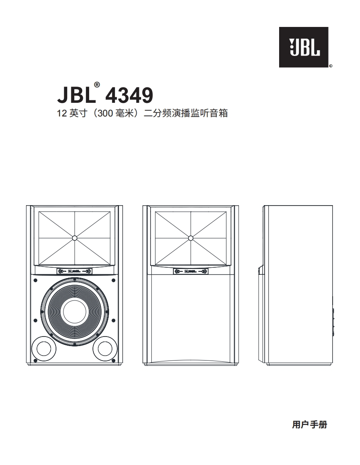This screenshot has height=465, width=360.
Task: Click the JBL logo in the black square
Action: click(304, 47)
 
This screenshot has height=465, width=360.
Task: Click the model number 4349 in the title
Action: click(129, 96)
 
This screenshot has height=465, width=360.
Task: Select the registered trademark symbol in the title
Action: click(97, 85)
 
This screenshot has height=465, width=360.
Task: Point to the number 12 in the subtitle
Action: click(61, 113)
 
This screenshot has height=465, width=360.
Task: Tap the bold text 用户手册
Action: click(309, 425)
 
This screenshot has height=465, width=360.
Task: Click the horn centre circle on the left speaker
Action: click(74, 238)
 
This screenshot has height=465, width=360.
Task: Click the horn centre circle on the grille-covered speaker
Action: click(191, 238)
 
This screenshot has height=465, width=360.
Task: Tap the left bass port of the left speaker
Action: click(44, 349)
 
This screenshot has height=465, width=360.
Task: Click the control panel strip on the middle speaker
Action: click(191, 271)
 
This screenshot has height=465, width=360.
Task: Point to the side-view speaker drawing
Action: click(298, 286)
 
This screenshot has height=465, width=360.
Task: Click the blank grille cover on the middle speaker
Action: click(191, 319)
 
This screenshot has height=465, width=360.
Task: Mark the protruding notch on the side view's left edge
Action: click(261, 270)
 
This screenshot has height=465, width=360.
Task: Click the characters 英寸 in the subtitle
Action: click(79, 113)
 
